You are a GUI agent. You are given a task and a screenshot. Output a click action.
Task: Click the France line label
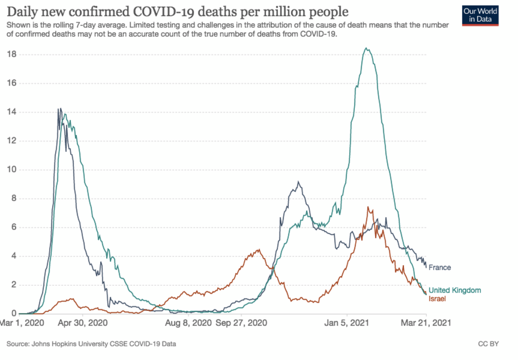(439, 268)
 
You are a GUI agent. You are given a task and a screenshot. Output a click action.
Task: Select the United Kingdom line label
(455, 291)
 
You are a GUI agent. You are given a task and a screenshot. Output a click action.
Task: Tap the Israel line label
(437, 299)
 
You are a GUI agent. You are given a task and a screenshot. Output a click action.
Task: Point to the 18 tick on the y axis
(12, 54)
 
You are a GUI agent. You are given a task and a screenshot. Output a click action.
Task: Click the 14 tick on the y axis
(12, 112)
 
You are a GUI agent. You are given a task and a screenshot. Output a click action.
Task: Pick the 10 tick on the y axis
(12, 170)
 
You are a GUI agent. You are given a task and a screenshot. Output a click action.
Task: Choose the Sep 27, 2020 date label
(242, 323)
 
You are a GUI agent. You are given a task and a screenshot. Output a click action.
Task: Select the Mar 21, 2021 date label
(426, 323)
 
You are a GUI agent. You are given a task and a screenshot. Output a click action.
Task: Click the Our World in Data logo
(480, 16)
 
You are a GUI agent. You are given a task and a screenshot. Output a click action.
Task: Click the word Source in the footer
(16, 344)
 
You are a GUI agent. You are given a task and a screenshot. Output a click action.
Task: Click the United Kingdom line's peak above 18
(366, 48)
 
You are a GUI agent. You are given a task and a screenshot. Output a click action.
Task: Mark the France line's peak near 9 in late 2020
(298, 182)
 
